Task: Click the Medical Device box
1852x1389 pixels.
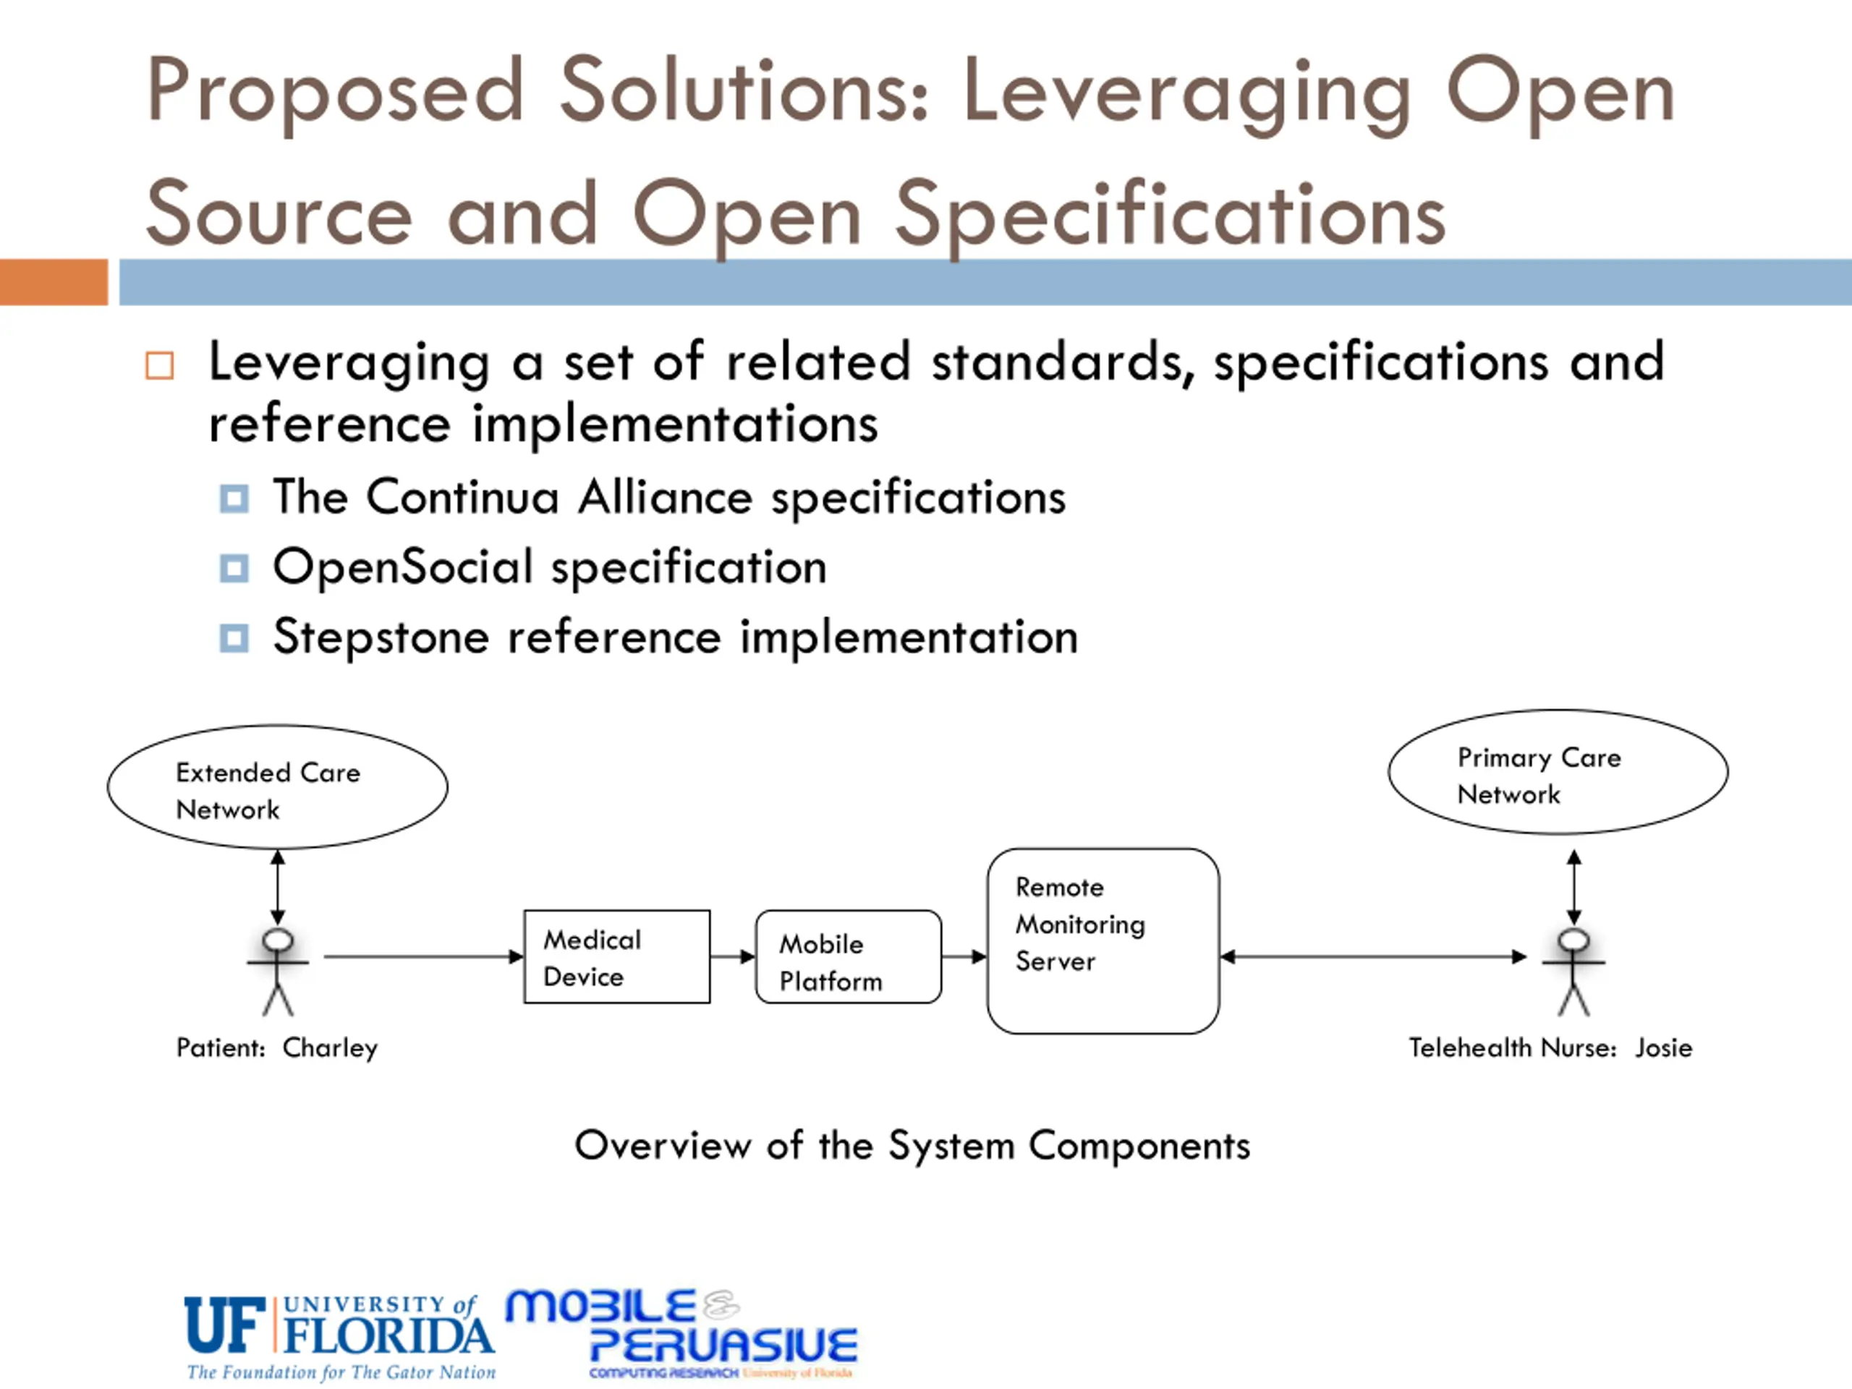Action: [616, 956]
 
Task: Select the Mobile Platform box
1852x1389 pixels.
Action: [847, 957]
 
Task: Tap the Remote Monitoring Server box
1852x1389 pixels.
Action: [1103, 940]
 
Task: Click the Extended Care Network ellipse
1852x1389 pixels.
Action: [277, 787]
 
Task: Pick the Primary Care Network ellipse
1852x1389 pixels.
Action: [1558, 772]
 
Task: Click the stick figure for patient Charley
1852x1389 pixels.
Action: [277, 971]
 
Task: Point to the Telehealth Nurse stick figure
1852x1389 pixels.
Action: [1573, 971]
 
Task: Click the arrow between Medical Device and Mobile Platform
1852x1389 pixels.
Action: [733, 956]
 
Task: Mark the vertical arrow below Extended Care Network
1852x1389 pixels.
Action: [277, 888]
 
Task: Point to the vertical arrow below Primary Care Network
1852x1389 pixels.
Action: [1574, 888]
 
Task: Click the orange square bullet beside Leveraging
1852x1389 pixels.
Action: [159, 366]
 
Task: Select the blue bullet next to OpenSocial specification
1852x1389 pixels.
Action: [234, 569]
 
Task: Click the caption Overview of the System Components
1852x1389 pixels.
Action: [912, 1145]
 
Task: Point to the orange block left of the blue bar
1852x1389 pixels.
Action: [54, 282]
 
